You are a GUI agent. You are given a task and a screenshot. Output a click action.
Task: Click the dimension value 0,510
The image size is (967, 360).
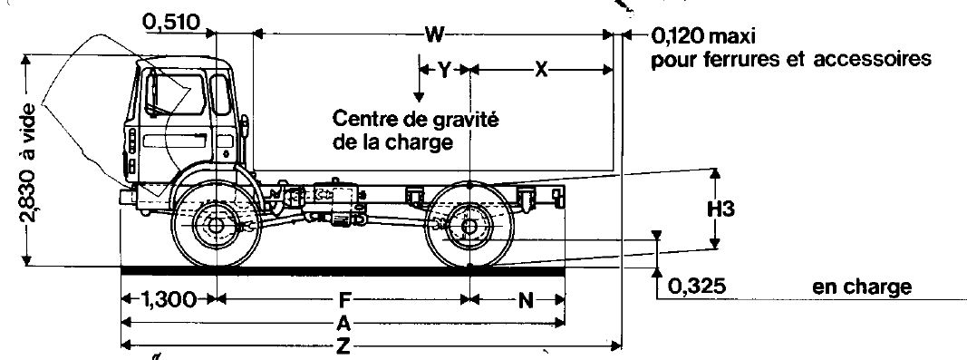(171, 23)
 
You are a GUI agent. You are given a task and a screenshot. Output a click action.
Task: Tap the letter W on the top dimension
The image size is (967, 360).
(434, 35)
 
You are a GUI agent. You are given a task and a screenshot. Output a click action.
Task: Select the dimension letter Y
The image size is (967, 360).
(444, 70)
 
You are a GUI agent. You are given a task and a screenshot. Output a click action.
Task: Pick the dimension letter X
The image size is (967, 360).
(541, 71)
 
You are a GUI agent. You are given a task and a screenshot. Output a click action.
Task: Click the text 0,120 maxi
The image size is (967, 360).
(703, 36)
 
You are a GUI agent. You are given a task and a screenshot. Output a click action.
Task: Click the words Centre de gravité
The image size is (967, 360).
(415, 118)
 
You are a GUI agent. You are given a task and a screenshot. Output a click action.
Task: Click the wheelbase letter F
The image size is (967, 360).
(344, 300)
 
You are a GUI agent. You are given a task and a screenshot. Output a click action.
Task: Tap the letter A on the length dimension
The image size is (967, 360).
(343, 322)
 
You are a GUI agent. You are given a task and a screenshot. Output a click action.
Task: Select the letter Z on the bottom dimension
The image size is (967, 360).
(343, 345)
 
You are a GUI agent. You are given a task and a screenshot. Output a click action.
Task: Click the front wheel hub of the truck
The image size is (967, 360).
(216, 227)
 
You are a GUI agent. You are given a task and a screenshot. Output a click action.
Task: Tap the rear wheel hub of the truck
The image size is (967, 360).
(469, 227)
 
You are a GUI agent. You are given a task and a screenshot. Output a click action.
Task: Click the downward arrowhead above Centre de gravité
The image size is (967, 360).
(419, 97)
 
